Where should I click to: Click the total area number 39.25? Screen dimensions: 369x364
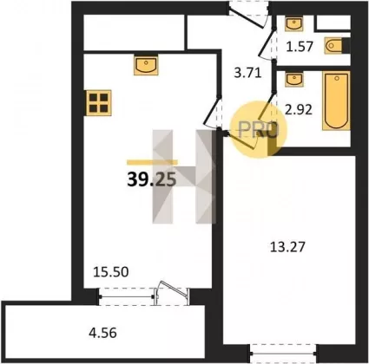152,180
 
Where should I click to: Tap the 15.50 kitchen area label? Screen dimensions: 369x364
111,271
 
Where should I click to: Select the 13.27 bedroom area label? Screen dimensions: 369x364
287,247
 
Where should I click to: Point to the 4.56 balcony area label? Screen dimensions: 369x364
102,333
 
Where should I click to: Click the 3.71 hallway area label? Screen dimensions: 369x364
247,73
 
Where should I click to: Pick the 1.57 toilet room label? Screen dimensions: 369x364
300,46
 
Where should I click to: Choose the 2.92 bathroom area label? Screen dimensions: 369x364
299,110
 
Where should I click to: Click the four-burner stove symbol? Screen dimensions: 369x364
99,103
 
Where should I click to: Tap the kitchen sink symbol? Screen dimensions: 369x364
147,66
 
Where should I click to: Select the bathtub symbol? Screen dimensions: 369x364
336,101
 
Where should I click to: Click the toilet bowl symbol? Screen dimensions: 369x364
335,46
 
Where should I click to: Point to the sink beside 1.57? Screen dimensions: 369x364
294,23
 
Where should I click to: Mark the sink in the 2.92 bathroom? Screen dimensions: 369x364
294,80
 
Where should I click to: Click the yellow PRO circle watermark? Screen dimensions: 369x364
259,130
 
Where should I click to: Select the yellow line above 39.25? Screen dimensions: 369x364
152,162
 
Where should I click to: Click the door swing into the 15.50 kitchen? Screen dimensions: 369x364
212,114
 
